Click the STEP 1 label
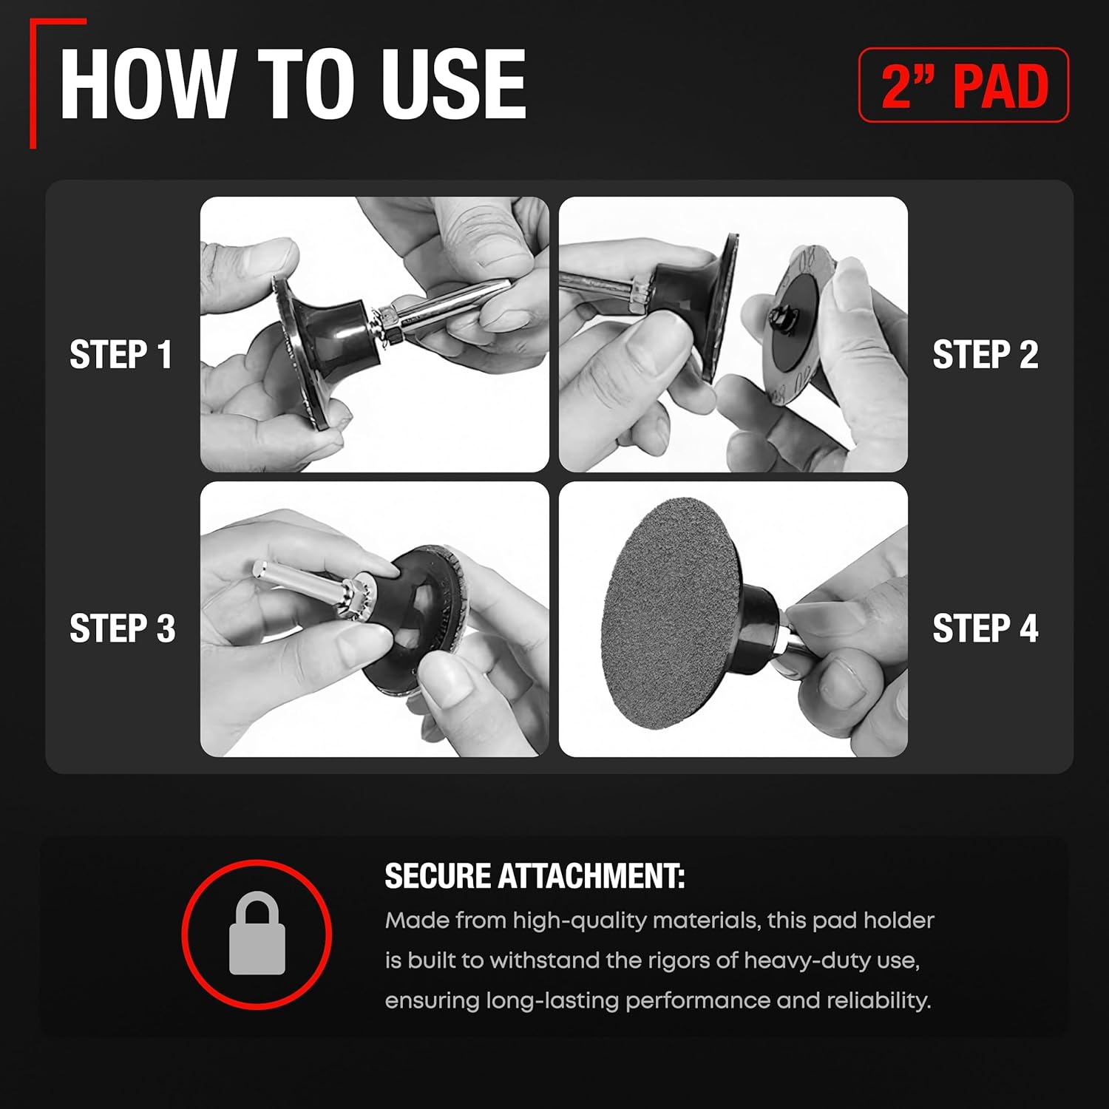pos(121,355)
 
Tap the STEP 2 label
pos(986,355)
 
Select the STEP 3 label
pos(123,628)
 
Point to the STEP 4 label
pos(986,628)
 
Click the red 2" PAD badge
pos(963,85)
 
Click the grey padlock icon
pos(257,933)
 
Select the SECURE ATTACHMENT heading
pos(535,876)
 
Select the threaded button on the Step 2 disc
pos(780,318)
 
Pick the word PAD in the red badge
pos(1001,86)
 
